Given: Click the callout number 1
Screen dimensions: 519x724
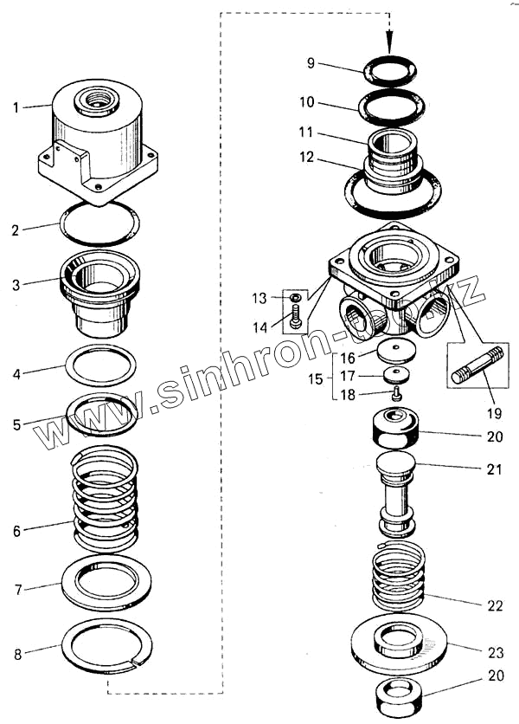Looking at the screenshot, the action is pos(15,107).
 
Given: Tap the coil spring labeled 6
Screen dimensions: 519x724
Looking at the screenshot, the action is pos(105,501).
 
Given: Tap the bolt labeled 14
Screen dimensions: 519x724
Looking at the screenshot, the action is pos(296,320).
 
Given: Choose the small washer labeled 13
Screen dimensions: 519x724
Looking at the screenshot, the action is pos(295,298).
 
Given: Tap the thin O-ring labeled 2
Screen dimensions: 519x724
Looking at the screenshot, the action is pos(99,223).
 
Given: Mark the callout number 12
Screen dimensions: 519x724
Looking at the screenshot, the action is pos(307,158).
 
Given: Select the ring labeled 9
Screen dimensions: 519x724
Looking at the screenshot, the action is pos(389,69).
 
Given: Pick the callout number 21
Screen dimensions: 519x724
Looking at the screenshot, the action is pos(494,469).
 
